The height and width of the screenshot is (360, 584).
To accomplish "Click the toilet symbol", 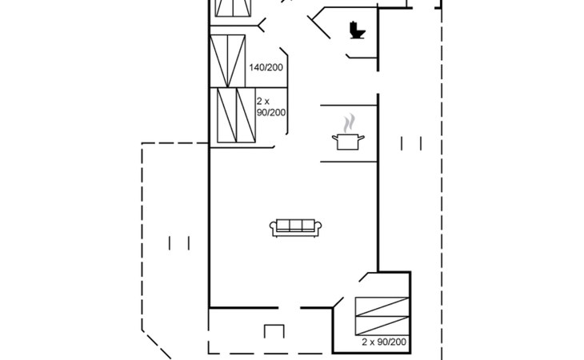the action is [357, 30].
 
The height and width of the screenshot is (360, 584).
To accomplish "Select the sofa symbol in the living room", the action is [296, 228].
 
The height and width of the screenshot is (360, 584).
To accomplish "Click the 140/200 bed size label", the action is [266, 67].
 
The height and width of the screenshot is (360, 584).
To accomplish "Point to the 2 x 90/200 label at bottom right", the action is [384, 342].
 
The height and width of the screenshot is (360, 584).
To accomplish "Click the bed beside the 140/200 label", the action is [227, 62].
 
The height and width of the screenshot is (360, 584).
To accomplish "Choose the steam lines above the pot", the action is [349, 123].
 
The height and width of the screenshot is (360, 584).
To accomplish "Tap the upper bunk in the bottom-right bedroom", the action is [382, 306].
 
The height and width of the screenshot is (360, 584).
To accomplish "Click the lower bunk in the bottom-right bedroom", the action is [382, 326].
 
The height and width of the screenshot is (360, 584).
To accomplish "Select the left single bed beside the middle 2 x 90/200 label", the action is [227, 115].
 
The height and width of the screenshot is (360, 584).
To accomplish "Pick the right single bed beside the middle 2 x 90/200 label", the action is [246, 115].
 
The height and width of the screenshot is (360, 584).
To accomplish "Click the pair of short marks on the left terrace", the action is [179, 243].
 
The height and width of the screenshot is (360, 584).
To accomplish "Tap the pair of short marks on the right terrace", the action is [411, 144].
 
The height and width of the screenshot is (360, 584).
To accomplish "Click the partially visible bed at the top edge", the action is [233, 8].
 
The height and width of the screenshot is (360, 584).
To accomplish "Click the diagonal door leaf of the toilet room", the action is [319, 27].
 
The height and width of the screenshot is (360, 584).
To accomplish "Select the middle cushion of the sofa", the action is [296, 226].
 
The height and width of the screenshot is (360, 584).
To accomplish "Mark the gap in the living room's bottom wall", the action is [290, 308].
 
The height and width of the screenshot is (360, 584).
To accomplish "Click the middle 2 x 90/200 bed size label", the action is [271, 107].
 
